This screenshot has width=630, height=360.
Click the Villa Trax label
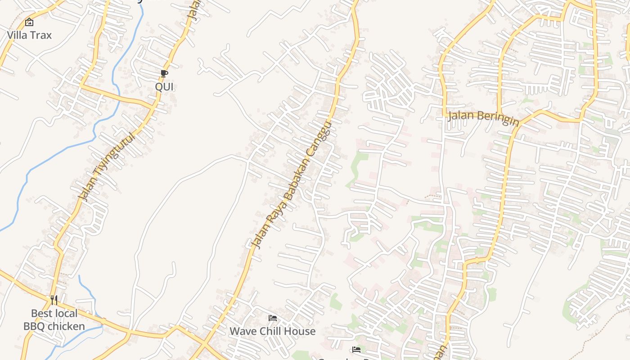pos(30,35)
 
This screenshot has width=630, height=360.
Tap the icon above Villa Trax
pos(29,22)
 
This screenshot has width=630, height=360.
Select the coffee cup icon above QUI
pos(164,73)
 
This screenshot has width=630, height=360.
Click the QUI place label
pos(164,86)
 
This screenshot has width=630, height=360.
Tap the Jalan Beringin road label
pos(483,119)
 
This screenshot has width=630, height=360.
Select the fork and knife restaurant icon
pos(54,300)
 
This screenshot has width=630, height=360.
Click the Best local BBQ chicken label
pos(54,319)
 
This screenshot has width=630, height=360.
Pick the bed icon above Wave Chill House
pos(273,318)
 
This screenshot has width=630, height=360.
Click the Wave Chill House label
pos(273,331)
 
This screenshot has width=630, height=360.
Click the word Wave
pos(242,331)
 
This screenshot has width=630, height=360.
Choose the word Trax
pos(41,35)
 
